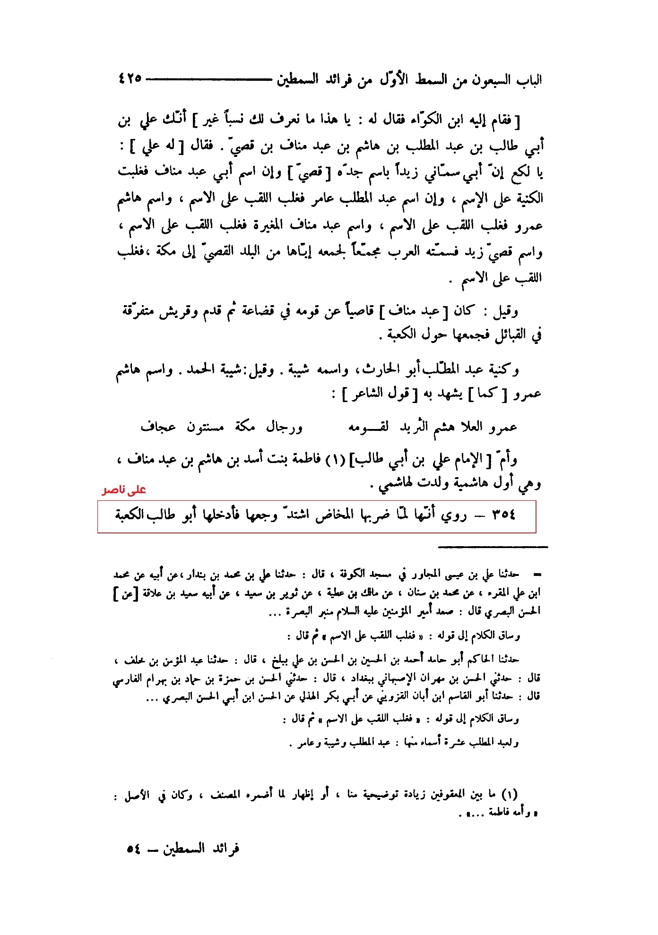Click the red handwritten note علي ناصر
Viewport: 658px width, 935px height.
[x=124, y=490]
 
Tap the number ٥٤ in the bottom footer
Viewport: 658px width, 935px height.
[x=133, y=849]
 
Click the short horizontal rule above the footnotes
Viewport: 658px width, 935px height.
[x=493, y=547]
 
